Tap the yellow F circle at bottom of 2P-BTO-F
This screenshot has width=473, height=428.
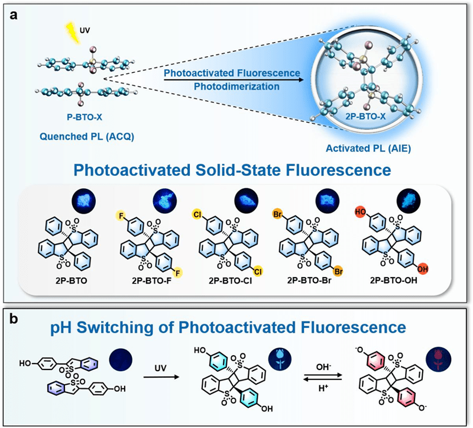click(180, 271)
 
